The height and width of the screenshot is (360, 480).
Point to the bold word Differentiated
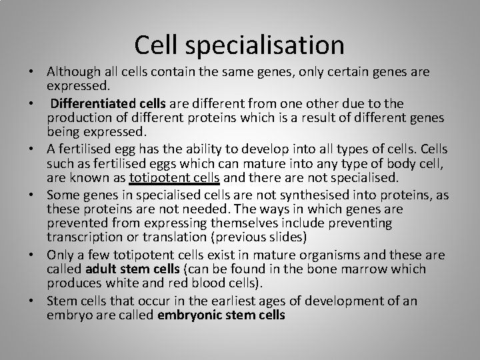coord(92,103)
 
